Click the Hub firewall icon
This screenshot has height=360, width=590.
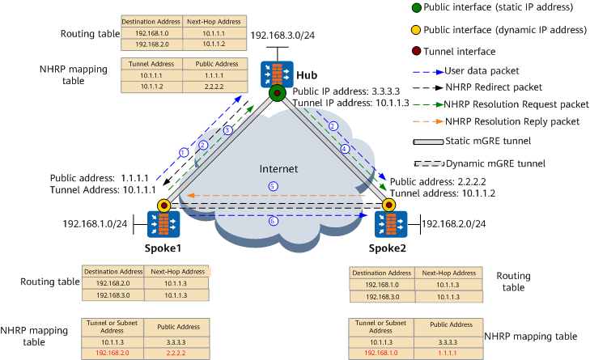tap(277, 74)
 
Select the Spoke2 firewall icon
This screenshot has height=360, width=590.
tap(391, 224)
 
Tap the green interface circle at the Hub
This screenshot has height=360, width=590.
tap(278, 92)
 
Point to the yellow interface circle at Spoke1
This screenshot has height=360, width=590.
tap(164, 205)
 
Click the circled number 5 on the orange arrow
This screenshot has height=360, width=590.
tap(274, 186)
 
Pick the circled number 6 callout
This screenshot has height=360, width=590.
tap(274, 221)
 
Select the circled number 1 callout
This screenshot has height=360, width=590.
tap(184, 152)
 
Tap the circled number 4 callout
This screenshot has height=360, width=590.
tap(345, 149)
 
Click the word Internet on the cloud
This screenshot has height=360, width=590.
tap(278, 169)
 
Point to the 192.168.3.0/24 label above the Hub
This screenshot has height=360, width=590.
tap(282, 36)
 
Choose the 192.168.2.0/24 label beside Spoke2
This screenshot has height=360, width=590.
tap(454, 224)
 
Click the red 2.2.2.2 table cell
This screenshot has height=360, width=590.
tap(176, 354)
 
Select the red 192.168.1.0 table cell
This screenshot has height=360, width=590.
tap(381, 354)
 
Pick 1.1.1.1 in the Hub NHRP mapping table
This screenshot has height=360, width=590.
tap(214, 75)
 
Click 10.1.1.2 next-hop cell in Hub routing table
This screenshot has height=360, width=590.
tap(214, 44)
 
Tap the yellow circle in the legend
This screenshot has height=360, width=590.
tap(416, 30)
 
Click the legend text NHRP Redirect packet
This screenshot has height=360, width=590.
tap(494, 87)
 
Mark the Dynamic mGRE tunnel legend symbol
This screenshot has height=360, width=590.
tap(429, 164)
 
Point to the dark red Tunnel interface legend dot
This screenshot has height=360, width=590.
tap(416, 51)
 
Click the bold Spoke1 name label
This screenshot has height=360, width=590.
tap(163, 248)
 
